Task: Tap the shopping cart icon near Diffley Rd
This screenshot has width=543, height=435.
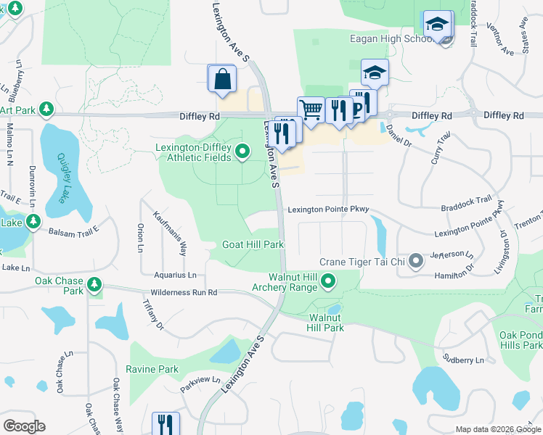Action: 311,110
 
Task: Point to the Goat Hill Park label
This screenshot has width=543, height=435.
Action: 253,244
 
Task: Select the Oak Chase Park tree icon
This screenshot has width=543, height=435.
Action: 94,285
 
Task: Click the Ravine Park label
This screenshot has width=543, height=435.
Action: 152,369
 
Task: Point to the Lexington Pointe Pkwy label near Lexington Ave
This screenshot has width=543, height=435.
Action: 329,210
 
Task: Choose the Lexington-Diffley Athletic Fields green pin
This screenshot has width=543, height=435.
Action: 242,151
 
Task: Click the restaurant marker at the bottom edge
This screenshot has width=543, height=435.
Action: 166,423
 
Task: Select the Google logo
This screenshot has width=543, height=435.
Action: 24,426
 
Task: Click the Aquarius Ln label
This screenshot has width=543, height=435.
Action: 175,275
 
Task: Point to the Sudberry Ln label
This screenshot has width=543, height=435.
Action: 464,360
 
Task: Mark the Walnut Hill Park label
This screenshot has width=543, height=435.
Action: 326,323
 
